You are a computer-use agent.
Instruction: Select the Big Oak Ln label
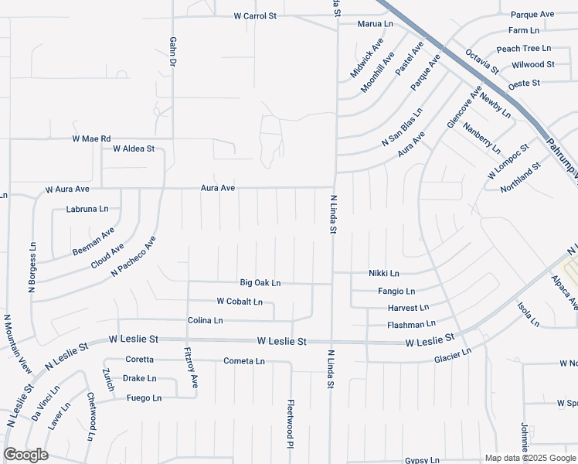click(x=260, y=283)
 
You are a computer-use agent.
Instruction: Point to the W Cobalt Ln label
click(x=240, y=302)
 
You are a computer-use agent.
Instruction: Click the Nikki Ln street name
click(x=383, y=274)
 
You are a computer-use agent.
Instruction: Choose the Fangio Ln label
click(x=396, y=292)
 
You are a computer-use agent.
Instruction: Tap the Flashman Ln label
click(x=411, y=323)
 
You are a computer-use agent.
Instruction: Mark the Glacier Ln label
click(x=452, y=354)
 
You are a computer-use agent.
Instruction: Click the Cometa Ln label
click(x=244, y=361)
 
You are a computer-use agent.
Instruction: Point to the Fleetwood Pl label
click(x=291, y=424)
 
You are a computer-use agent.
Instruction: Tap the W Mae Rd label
click(x=91, y=139)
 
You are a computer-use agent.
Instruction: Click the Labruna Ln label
click(x=87, y=209)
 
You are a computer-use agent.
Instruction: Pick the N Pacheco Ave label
click(x=133, y=257)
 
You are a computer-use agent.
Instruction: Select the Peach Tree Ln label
click(x=524, y=48)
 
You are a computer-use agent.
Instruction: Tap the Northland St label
click(x=520, y=179)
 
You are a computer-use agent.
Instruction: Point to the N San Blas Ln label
click(x=401, y=128)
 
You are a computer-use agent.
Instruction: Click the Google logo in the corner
click(x=25, y=455)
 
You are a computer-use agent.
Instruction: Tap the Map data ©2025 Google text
click(x=529, y=459)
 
